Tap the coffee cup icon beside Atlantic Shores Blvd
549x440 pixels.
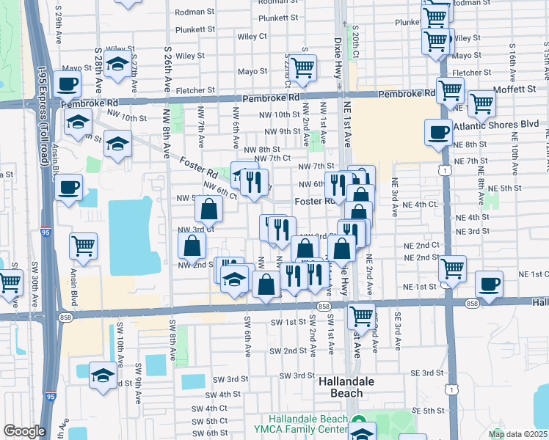pyautogui.click(x=439, y=133)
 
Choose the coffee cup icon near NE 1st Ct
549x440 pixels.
pyautogui.click(x=489, y=284)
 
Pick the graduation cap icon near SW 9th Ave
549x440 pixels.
pyautogui.click(x=103, y=375)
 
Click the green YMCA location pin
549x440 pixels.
pyautogui.click(x=359, y=423)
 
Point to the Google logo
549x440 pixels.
pyautogui.click(x=23, y=432)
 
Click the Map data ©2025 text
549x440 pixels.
pyautogui.click(x=517, y=434)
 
